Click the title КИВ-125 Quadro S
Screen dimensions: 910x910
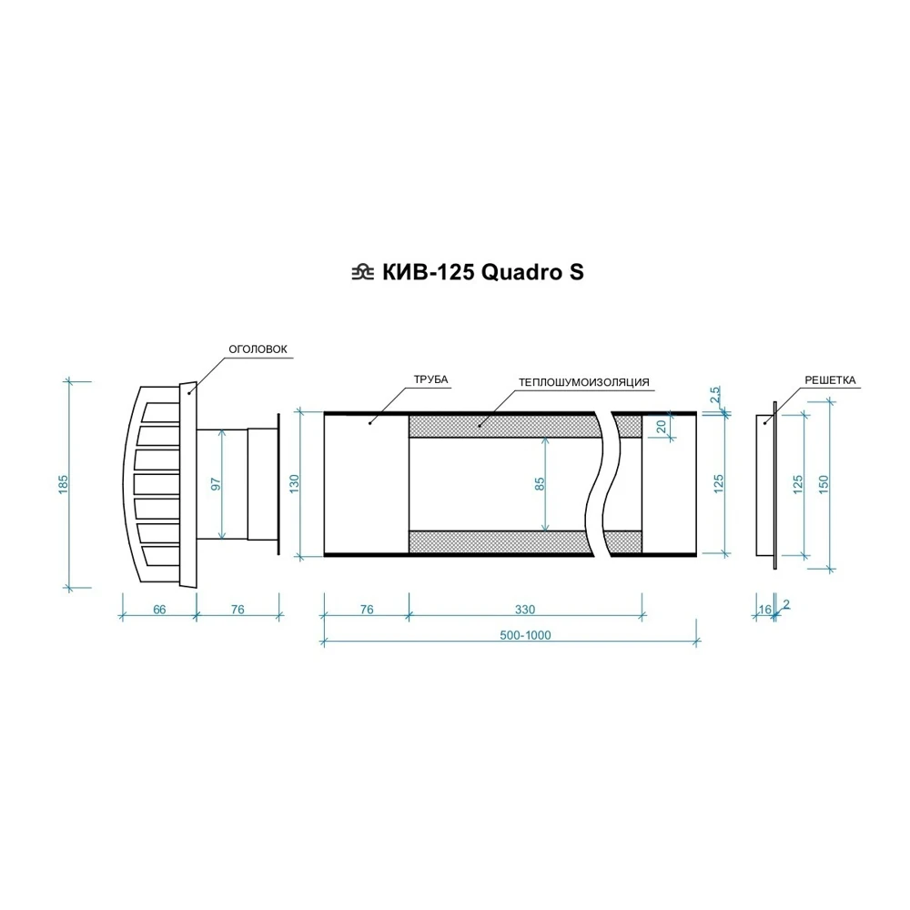point(483,272)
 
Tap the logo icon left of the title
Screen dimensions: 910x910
point(363,272)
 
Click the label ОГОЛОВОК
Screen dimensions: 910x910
point(258,349)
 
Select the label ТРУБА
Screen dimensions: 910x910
point(430,379)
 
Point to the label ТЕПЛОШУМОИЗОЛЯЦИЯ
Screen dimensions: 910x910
point(584,382)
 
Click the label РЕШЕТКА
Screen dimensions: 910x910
point(830,380)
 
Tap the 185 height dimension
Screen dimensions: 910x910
point(64,485)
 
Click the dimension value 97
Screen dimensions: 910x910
point(216,484)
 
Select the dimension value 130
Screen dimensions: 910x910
point(294,484)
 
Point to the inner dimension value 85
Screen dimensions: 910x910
point(540,484)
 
